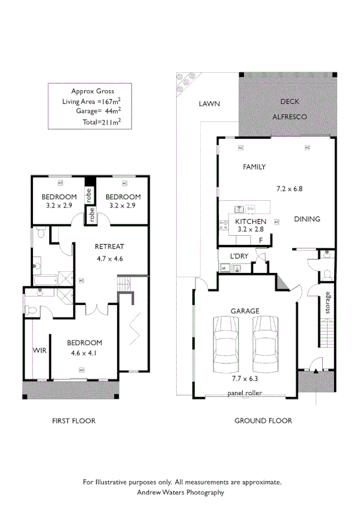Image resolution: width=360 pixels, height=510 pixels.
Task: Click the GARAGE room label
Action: [245, 311]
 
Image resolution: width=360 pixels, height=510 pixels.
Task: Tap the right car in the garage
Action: [264, 345]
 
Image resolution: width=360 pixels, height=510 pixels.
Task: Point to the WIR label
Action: [38, 350]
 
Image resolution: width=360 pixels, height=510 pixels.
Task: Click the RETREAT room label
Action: [109, 247]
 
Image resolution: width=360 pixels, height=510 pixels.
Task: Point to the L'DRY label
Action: [239, 257]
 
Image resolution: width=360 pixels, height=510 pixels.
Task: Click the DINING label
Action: [307, 219]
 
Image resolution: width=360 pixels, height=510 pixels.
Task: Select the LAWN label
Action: [209, 104]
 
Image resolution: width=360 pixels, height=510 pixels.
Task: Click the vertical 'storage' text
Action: [328, 303]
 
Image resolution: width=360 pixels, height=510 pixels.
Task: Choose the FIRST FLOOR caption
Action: [73, 421]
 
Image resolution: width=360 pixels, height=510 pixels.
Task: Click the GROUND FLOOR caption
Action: [263, 421]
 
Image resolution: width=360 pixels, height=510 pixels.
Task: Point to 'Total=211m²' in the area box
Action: [102, 122]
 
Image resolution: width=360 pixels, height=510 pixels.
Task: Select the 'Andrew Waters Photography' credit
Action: [181, 492]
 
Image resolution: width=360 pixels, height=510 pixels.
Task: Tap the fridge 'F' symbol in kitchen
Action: [260, 240]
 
